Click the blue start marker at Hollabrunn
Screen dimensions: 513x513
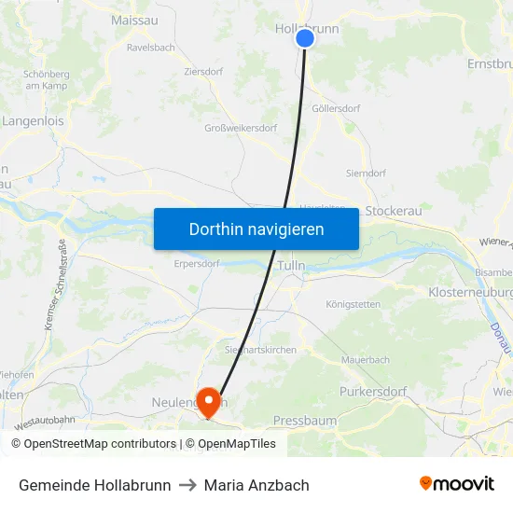tap(305, 38)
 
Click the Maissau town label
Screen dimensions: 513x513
tap(134, 20)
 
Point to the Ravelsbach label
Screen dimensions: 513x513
tap(151, 46)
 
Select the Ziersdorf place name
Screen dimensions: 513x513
tap(202, 71)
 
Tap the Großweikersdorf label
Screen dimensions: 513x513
tap(241, 129)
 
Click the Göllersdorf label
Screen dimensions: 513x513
tap(336, 108)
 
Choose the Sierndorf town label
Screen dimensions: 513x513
tap(366, 173)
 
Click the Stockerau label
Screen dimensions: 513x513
tap(393, 211)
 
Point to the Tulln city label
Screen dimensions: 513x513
tap(291, 266)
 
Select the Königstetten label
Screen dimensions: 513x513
tap(353, 304)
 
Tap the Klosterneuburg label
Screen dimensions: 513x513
tap(471, 292)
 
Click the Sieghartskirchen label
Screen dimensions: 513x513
tap(260, 350)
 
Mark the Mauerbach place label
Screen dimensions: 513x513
tap(366, 358)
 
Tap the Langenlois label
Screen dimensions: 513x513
tap(33, 120)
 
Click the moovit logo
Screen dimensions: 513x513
tap(456, 483)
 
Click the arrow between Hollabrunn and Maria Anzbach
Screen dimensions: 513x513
tap(187, 485)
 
